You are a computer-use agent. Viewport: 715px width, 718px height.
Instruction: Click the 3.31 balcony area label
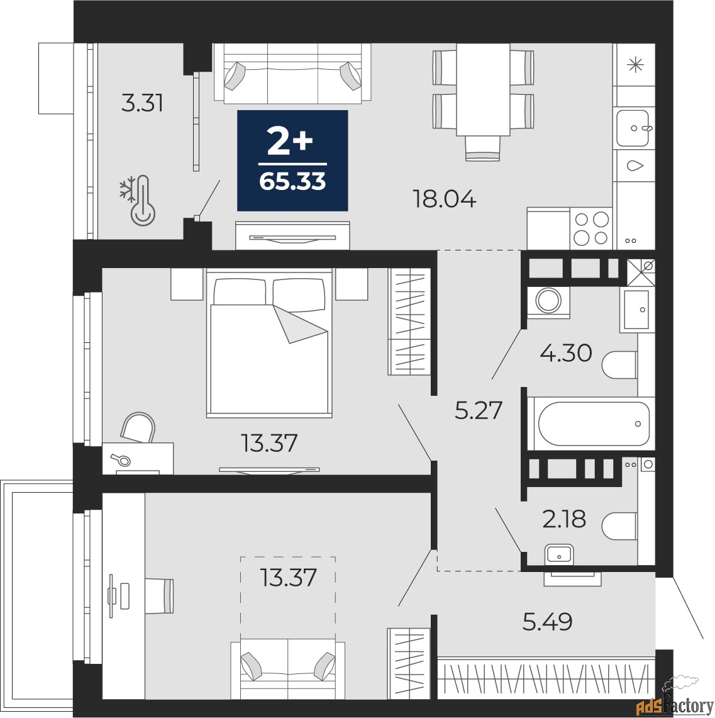click(x=142, y=103)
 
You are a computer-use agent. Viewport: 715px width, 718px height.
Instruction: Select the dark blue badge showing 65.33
click(x=292, y=160)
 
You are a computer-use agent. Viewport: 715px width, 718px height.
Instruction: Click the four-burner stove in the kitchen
click(x=592, y=228)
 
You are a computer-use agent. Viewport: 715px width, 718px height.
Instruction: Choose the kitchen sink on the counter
click(x=634, y=129)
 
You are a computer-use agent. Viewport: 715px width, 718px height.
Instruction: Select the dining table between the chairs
click(x=483, y=89)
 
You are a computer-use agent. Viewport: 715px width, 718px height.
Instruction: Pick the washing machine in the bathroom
click(x=548, y=300)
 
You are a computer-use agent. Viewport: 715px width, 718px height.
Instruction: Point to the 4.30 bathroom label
click(x=566, y=353)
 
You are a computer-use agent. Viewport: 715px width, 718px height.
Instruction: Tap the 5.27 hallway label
click(x=479, y=410)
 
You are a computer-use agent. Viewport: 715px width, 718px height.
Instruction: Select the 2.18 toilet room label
click(x=564, y=519)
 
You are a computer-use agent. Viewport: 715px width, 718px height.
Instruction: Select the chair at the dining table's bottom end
click(x=483, y=149)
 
